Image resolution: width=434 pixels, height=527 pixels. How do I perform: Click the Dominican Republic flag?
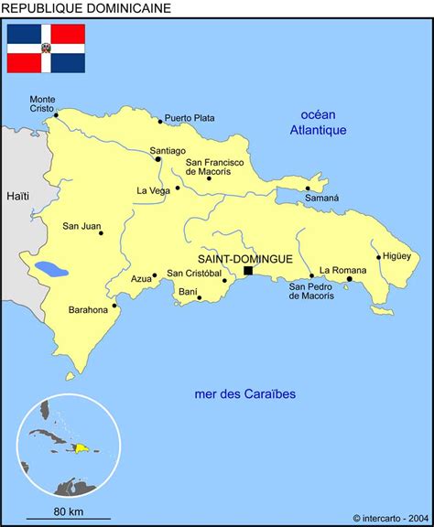[x=46, y=48]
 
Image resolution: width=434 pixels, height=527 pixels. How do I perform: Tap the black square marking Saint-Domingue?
[x=248, y=271]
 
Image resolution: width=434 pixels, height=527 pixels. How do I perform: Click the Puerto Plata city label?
[x=190, y=118]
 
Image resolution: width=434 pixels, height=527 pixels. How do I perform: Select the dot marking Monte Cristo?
[x=56, y=114]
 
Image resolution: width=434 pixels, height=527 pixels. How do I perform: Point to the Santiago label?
[x=168, y=150]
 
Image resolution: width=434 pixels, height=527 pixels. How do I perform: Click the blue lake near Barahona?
[x=51, y=271]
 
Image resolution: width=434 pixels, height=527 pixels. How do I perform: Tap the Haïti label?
[x=17, y=196]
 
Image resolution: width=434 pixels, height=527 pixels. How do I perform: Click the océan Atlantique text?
[x=318, y=122]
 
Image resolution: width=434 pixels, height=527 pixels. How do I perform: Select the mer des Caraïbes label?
[x=245, y=394]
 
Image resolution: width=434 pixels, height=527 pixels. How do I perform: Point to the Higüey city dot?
[x=378, y=257]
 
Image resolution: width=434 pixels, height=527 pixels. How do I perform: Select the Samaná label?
[x=321, y=198]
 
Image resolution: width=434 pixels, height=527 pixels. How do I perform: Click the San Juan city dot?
[x=101, y=232]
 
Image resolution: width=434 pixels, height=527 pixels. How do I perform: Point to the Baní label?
[x=188, y=292]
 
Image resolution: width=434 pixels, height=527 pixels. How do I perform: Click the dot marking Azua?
[x=155, y=274]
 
